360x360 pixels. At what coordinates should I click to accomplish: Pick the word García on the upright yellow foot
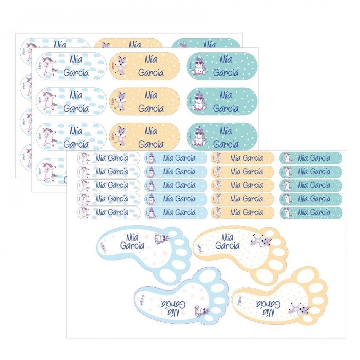click(x=228, y=245)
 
